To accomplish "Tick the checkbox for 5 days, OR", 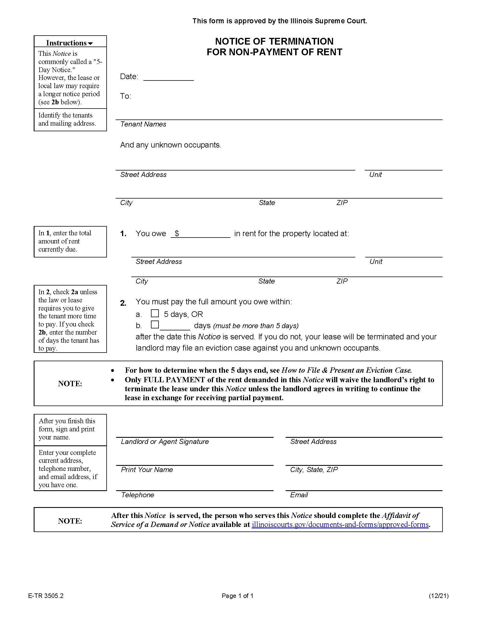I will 155,313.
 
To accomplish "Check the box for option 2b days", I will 155,324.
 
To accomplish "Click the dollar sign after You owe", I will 176,233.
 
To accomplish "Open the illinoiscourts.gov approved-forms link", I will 340,525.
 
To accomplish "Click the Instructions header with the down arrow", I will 70,43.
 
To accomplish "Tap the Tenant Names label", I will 143,124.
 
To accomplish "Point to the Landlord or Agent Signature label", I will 165,441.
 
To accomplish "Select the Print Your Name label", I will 147,469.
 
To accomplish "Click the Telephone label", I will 137,495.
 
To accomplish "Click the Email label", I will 299,495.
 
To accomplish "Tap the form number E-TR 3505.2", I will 46,596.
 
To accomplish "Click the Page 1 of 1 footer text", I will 237,596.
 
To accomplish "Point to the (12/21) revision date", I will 438,596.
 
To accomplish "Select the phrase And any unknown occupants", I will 170,145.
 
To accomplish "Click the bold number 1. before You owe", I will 123,234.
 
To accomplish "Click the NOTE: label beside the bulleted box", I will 70,383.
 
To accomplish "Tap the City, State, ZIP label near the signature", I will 314,469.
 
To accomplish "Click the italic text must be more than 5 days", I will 256,326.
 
